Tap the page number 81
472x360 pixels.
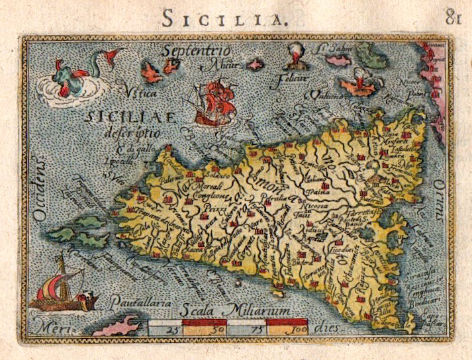tap(453, 19)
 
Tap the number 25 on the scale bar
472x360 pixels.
tap(159, 329)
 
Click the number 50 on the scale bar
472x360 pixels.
tap(203, 329)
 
